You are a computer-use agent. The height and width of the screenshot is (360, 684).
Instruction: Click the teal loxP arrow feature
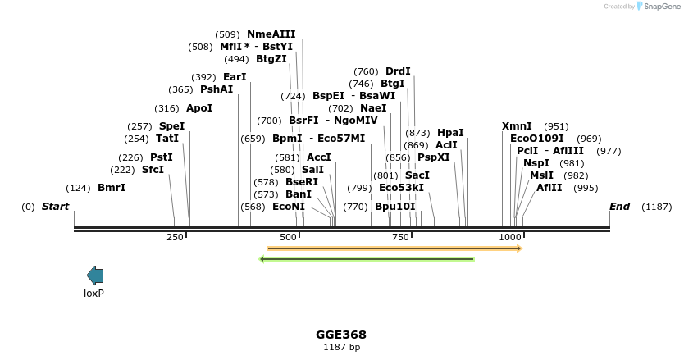[95, 276]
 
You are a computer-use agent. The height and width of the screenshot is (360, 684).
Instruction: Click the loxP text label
[94, 293]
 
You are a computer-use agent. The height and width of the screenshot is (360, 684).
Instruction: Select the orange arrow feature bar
[394, 248]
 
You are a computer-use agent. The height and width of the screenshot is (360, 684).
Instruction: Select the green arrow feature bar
[367, 259]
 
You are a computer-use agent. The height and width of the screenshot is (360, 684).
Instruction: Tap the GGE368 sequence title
[341, 335]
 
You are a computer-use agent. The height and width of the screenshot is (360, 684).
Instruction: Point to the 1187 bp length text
[341, 348]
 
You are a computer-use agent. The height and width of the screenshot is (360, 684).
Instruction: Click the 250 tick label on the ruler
[175, 237]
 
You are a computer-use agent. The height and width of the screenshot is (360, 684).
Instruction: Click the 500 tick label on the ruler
[288, 237]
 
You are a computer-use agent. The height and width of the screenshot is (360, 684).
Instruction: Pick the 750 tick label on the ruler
[401, 237]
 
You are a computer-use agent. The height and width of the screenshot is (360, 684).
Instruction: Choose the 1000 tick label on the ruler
[510, 237]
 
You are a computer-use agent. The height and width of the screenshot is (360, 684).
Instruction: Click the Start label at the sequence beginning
[55, 207]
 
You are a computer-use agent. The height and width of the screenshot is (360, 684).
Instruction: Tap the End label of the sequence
[619, 207]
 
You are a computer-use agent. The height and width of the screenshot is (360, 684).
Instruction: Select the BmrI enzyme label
[112, 188]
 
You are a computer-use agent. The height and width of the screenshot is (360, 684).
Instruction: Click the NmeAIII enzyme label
[271, 34]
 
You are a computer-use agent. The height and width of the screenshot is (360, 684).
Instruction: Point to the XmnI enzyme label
[517, 126]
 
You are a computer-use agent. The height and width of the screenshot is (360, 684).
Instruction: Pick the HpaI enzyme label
[450, 133]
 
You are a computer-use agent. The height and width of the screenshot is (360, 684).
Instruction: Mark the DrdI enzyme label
[398, 71]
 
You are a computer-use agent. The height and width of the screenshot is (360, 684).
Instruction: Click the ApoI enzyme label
[199, 108]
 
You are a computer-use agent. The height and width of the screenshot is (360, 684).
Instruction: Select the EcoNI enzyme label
[288, 207]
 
